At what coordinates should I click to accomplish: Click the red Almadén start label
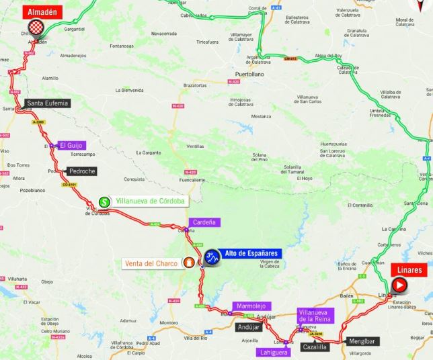43,11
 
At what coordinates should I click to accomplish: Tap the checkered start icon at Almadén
38,28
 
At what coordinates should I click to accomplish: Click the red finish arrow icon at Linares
399,285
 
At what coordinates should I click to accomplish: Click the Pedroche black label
82,171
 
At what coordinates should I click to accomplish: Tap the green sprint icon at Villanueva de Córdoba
104,201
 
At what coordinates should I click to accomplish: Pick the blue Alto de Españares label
251,253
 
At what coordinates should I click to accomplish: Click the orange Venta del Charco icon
190,263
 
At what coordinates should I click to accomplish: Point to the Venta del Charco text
151,263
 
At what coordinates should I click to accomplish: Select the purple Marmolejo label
249,306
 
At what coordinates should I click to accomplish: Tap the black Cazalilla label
315,347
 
